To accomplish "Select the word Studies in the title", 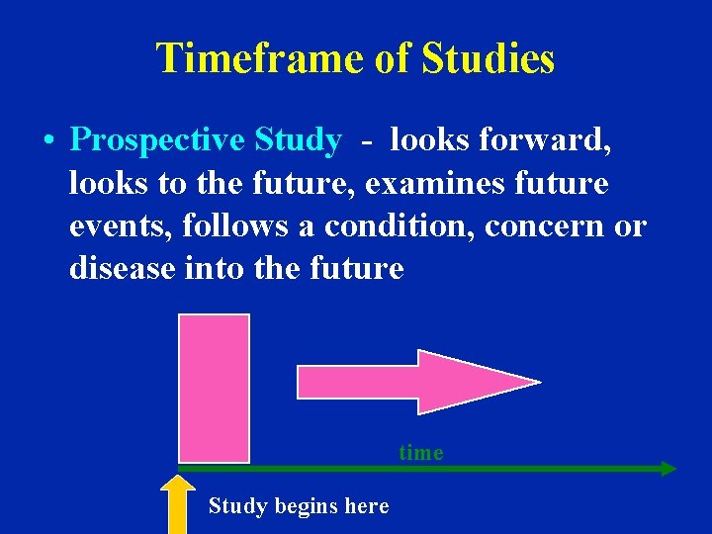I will [x=489, y=58].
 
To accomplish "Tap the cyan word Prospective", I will [x=157, y=140].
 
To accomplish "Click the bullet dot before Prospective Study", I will [x=47, y=140].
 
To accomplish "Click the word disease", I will [x=123, y=268].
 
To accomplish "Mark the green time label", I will [x=421, y=453].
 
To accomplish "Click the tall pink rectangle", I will [x=214, y=387].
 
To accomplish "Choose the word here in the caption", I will [x=367, y=506].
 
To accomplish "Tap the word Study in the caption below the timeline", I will [x=237, y=506].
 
